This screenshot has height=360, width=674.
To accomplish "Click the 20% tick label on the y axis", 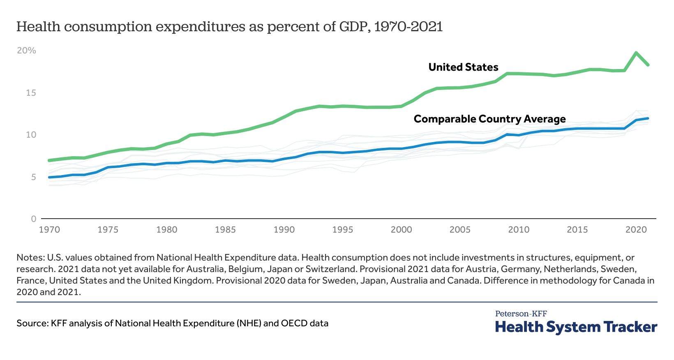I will tap(26, 51).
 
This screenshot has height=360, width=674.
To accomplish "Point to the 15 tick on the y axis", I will tap(31, 93).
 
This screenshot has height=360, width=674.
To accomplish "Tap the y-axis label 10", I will tap(31, 135).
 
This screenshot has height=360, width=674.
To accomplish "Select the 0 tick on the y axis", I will tap(34, 219).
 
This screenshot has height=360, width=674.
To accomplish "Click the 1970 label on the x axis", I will tap(49, 230).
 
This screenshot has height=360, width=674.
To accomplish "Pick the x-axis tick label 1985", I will tap(225, 230).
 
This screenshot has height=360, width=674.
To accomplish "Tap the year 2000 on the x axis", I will tap(401, 230).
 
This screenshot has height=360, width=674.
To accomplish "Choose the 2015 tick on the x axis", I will tap(577, 230).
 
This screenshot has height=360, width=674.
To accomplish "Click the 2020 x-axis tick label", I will tap(636, 230).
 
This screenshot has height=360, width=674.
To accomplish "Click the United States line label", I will tap(463, 67).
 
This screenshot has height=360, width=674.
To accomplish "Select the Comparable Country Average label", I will tap(489, 119).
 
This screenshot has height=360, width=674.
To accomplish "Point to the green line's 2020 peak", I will tap(636, 53).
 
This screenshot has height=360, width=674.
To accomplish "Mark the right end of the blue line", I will tap(648, 118).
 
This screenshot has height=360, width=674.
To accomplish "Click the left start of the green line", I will tap(49, 160).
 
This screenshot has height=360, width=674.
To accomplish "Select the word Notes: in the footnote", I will tap(30, 258).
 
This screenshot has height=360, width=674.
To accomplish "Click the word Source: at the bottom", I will tap(32, 323).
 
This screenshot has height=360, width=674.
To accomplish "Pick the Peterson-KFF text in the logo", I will tap(521, 314).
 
